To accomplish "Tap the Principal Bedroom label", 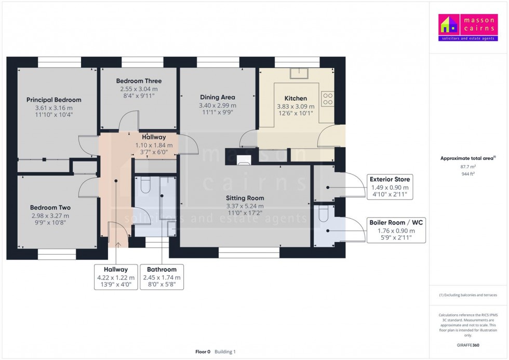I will coord(54,100).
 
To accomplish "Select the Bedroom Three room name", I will coord(139,81).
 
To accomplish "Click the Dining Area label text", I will coord(218,97).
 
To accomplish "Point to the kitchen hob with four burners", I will coord(327,98).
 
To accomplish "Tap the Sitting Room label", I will coord(245,198).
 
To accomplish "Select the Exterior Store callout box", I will coord(390,187).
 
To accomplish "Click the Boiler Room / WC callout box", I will coord(396,230).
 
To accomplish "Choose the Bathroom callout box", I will coord(162,277).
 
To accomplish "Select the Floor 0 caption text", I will coord(203,352).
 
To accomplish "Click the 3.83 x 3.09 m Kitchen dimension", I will coord(296,106).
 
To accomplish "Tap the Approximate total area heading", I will coord(466,158).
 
